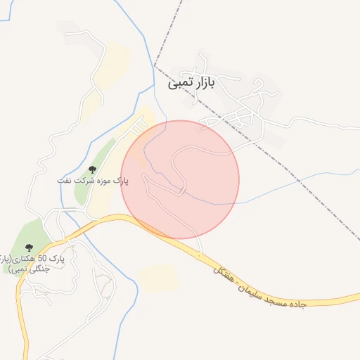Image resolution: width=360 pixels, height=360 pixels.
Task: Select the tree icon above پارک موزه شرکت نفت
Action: pos(92,169)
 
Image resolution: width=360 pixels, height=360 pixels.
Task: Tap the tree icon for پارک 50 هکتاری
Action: pos(29,247)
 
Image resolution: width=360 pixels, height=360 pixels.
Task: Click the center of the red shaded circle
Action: pos(180,179)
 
